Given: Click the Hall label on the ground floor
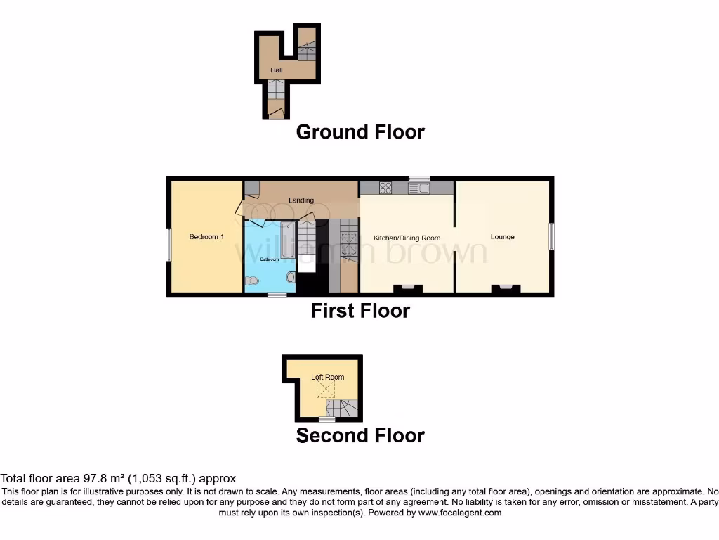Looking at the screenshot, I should pos(277,71).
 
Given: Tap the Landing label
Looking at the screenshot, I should pos(301,200).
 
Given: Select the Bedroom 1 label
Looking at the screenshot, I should pos(206,237).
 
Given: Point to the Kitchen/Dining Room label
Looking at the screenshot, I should pos(407,238).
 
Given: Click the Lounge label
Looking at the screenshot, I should pos(503,237).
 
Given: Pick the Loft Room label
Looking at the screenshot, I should pos(328,378).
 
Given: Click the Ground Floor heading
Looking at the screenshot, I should pos(360,132).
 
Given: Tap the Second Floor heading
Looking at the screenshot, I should pos(360,436).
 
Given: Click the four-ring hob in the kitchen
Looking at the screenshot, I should pos(385,188).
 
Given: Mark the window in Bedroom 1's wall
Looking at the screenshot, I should pos(169,245).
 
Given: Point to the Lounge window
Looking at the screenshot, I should pos(552,236).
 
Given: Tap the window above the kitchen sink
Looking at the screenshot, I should pos(419,178).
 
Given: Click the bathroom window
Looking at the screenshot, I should pos(277,295).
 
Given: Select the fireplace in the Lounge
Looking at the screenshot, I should pos(506,288).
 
